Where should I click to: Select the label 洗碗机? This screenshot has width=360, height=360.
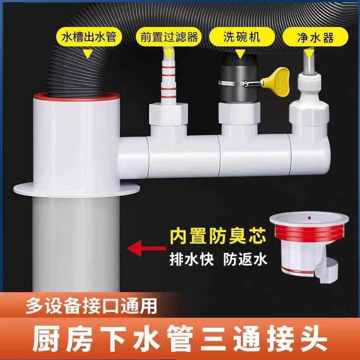point(243,37)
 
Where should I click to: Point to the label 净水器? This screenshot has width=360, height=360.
point(315,37)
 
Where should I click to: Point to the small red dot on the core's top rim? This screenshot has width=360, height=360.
point(309,217)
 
